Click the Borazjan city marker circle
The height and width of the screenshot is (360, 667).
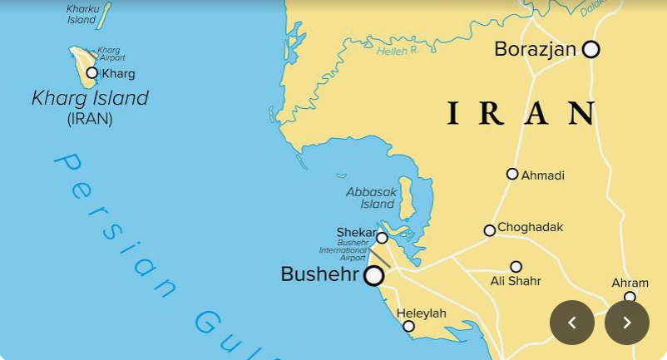(x=590, y=49)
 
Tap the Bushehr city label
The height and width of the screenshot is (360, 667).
(x=319, y=274)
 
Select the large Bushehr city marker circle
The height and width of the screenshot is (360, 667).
(x=374, y=275)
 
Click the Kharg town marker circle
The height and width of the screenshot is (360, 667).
(x=92, y=73)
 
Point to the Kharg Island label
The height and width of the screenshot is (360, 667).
(x=90, y=98)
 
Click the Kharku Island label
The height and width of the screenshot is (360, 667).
(x=82, y=14)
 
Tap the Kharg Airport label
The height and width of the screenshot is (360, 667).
(x=111, y=54)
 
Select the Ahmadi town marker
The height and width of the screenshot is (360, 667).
(x=512, y=174)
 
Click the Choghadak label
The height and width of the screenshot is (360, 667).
(x=530, y=227)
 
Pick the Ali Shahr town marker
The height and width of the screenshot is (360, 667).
(x=516, y=267)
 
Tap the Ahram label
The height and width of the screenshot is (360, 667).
(x=630, y=283)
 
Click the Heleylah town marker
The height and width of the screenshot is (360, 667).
(x=408, y=326)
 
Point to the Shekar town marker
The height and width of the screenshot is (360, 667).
(x=382, y=238)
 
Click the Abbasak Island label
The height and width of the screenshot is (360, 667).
(x=372, y=198)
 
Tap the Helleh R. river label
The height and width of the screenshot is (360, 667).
(x=398, y=51)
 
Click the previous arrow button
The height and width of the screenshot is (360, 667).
(x=572, y=323)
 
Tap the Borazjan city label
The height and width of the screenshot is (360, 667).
(x=535, y=49)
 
